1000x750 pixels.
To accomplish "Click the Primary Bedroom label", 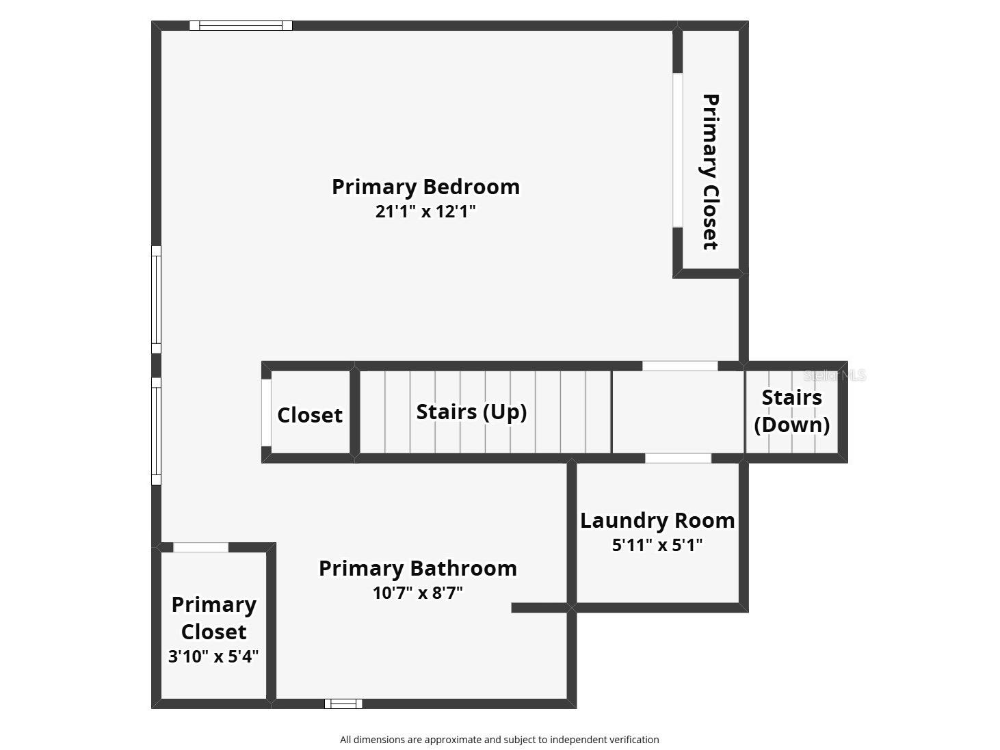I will click(x=425, y=187).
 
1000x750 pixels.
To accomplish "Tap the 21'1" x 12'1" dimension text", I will click(x=425, y=211).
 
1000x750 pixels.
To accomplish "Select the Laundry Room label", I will click(x=657, y=520).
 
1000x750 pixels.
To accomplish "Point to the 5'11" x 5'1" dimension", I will click(x=657, y=545).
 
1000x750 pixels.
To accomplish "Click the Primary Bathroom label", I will click(x=418, y=568).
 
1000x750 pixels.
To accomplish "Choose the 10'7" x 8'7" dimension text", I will click(x=417, y=593).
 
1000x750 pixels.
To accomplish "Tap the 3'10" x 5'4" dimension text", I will click(x=213, y=656).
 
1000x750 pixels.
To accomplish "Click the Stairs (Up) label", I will click(x=471, y=412).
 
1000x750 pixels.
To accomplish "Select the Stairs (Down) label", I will click(x=792, y=411).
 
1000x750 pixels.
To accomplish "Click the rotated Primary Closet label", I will click(x=711, y=172).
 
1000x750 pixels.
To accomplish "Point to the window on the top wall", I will click(x=241, y=26).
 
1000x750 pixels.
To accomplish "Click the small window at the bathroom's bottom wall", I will click(x=343, y=704).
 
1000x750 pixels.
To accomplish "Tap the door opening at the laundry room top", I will click(x=678, y=458).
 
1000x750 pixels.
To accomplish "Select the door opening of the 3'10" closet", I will click(x=200, y=548).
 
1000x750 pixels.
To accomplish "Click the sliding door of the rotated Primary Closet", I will click(x=677, y=150).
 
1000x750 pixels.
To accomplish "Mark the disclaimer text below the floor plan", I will click(x=499, y=740).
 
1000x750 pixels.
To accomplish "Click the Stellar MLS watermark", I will click(x=834, y=375).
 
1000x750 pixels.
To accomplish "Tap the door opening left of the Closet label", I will click(x=266, y=413).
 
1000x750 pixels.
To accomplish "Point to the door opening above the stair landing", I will click(x=680, y=366).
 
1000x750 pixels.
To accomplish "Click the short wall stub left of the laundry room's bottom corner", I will click(x=539, y=608).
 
